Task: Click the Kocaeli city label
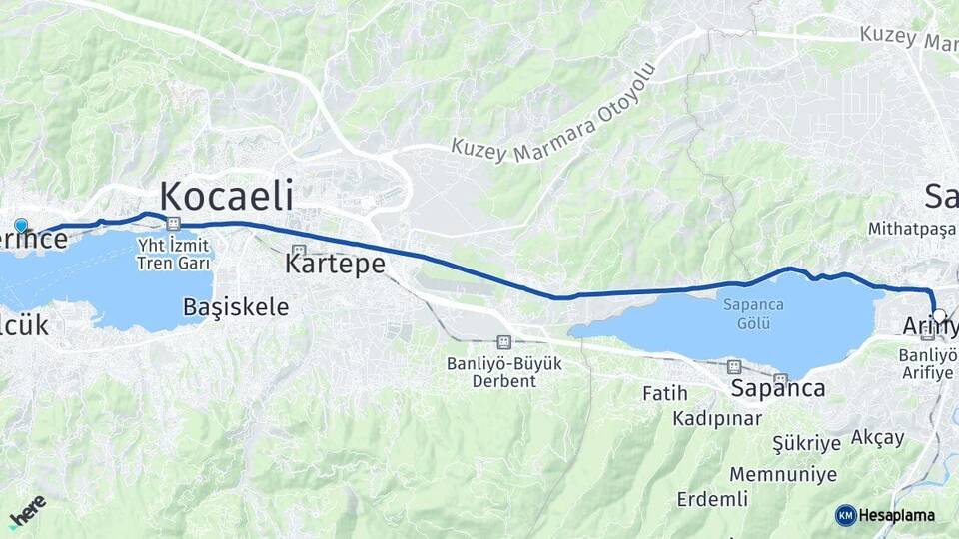click(x=227, y=195)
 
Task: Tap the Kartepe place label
click(x=335, y=265)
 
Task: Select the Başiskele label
click(x=236, y=307)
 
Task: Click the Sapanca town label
click(x=778, y=388)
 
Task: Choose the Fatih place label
click(x=665, y=394)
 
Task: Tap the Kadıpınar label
click(x=717, y=417)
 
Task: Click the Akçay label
click(x=878, y=437)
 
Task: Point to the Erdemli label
click(x=712, y=498)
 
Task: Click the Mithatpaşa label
click(x=905, y=228)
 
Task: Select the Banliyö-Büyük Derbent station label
click(x=504, y=372)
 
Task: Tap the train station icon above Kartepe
click(x=297, y=250)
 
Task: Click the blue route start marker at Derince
click(x=21, y=226)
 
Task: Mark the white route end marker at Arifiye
click(x=938, y=316)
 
